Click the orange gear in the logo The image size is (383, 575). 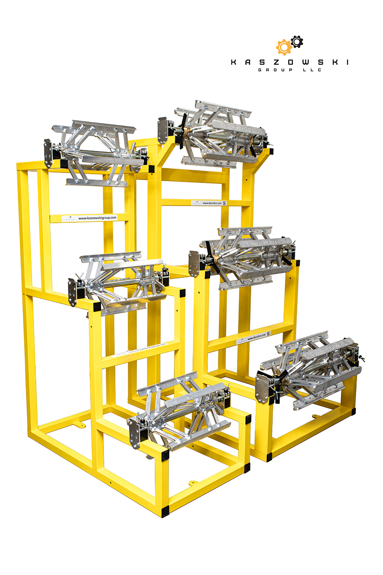(x=283, y=47)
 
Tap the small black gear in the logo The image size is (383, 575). (x=297, y=42)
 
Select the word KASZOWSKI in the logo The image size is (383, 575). (x=290, y=62)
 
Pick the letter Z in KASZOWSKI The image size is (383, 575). (x=267, y=62)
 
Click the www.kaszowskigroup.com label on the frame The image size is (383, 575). (x=96, y=218)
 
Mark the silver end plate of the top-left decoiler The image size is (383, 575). (x=48, y=153)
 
